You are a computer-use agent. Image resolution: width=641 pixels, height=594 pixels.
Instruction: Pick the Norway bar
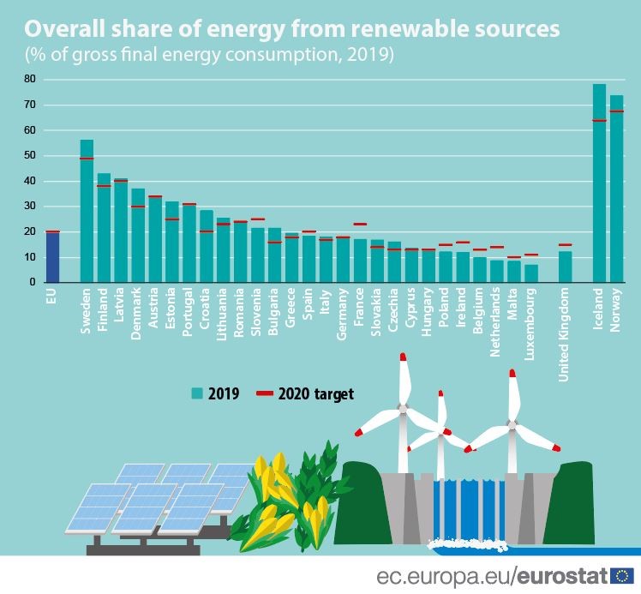tap(616, 189)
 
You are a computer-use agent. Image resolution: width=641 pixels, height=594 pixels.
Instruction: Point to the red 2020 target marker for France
tap(360, 224)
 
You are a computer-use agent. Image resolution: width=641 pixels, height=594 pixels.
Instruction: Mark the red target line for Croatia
tap(207, 231)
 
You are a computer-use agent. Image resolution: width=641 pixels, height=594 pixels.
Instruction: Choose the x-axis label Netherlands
tap(497, 318)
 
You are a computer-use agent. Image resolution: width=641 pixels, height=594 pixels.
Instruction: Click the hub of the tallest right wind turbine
tap(512, 424)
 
